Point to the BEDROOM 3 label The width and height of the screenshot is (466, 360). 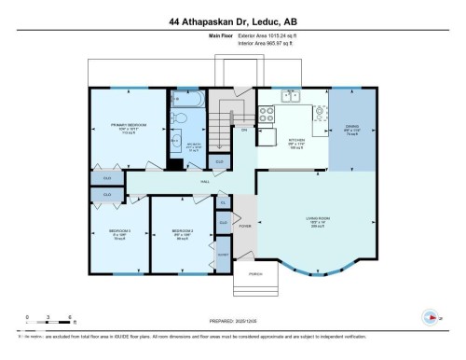click(118, 231)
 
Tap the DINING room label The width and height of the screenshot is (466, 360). click(352, 130)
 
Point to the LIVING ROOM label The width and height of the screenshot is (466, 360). click(319, 219)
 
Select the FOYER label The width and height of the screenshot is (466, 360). click(245, 225)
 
